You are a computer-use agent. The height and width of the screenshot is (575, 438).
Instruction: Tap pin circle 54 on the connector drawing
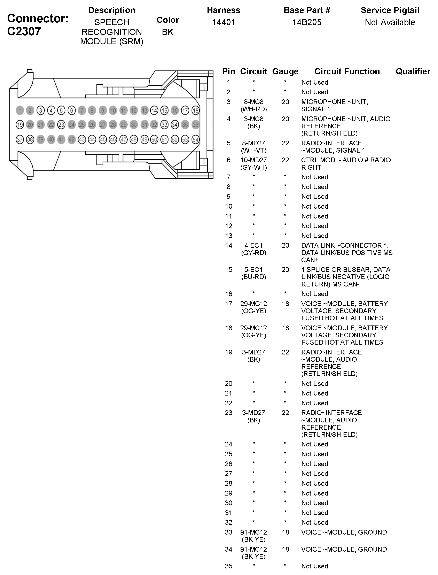tap(195, 140)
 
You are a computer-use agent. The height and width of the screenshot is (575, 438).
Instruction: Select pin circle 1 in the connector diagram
tap(20, 110)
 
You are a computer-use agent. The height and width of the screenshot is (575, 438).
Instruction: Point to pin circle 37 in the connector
tap(20, 140)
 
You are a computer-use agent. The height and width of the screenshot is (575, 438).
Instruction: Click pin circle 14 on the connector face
tap(154, 110)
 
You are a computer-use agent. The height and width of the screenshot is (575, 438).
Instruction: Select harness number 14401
tap(224, 22)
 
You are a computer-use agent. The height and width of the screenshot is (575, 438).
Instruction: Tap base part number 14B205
tap(307, 22)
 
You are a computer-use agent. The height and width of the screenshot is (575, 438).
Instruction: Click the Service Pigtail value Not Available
tap(390, 22)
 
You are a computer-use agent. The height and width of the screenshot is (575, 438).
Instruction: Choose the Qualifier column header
tap(413, 71)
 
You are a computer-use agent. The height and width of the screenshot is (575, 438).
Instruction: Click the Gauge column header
tap(285, 71)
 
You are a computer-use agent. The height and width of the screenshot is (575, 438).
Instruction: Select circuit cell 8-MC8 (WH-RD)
tap(254, 105)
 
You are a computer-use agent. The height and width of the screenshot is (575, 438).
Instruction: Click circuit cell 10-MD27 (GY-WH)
tap(254, 164)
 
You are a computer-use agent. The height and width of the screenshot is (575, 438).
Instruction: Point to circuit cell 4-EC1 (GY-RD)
tap(254, 249)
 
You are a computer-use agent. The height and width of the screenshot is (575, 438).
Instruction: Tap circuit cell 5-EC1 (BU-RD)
tap(254, 273)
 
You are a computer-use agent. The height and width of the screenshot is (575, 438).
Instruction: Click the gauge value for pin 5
tap(286, 143)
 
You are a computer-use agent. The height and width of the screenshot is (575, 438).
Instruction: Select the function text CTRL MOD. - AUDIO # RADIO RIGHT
tap(346, 164)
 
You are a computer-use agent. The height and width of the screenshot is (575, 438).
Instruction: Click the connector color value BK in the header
tap(168, 32)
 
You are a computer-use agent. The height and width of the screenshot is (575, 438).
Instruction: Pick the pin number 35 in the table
tap(229, 566)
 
